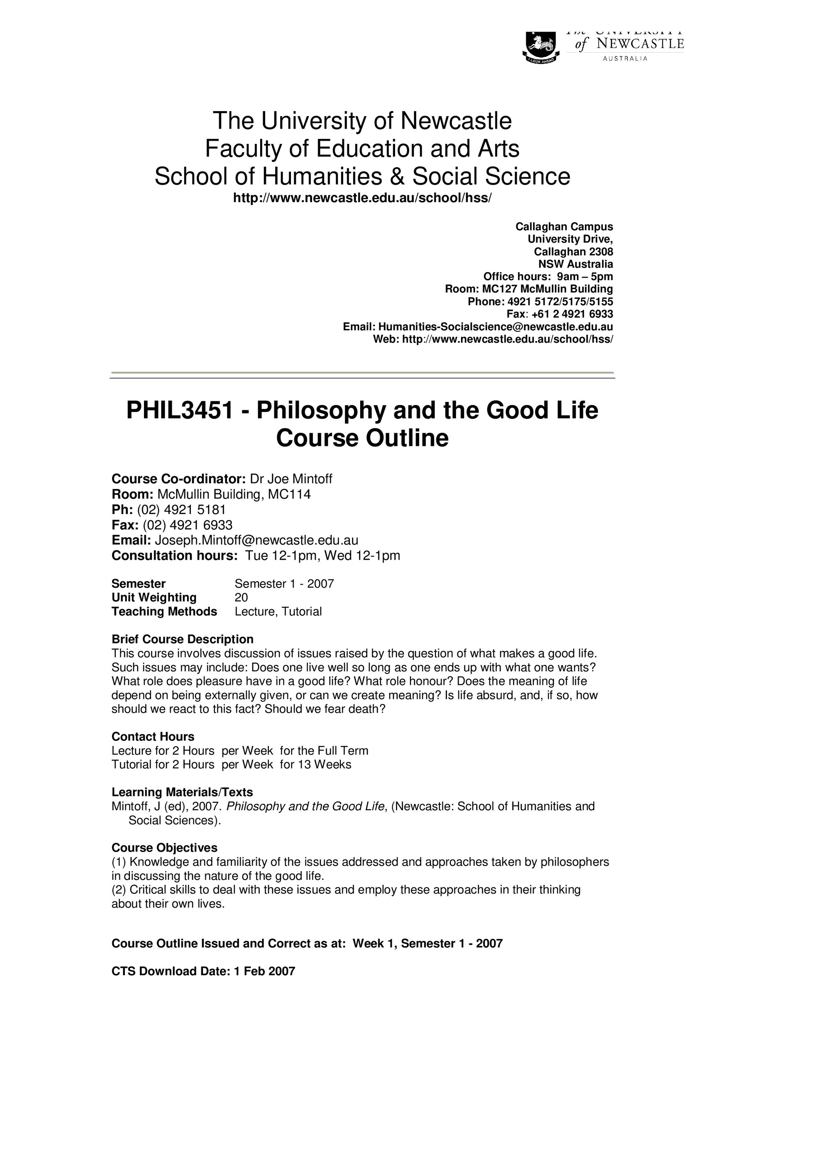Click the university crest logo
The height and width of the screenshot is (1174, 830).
pyautogui.click(x=541, y=48)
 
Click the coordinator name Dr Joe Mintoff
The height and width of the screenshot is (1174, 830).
pyautogui.click(x=290, y=479)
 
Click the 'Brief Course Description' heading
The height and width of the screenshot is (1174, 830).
pyautogui.click(x=182, y=639)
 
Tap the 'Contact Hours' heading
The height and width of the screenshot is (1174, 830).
pyautogui.click(x=153, y=737)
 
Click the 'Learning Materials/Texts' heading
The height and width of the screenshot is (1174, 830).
pyautogui.click(x=182, y=792)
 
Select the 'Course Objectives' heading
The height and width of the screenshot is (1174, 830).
pyautogui.click(x=164, y=848)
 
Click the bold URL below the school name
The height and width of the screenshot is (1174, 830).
pyautogui.click(x=362, y=198)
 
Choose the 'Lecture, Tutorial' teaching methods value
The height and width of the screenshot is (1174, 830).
pyautogui.click(x=278, y=612)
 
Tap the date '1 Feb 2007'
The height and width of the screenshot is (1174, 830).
pyautogui.click(x=264, y=972)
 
